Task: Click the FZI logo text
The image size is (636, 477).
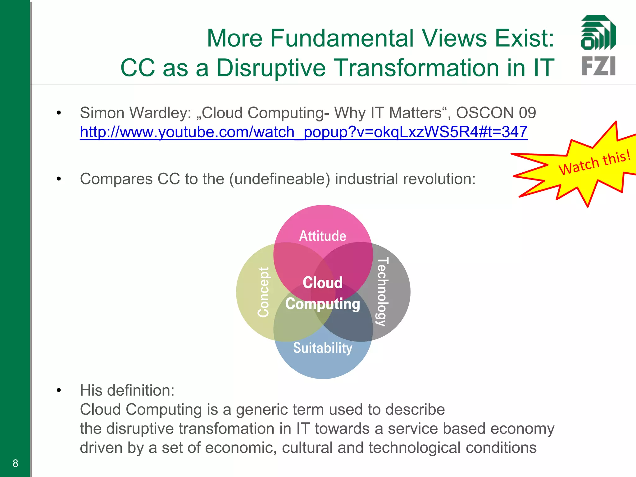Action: point(598,66)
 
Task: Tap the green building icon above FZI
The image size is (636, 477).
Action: point(598,33)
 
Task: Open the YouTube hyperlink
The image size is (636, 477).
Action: point(303,132)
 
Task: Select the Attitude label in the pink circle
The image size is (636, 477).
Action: point(322,236)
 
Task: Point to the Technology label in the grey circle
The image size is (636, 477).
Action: point(382,292)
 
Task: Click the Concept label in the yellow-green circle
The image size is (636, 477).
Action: point(264,292)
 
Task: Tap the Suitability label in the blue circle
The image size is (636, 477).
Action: point(322,348)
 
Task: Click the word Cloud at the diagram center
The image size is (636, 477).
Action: point(322,283)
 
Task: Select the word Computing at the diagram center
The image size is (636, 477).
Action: point(322,304)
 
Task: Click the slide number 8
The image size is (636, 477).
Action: point(15,463)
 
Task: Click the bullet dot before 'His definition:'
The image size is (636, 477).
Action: point(59,390)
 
